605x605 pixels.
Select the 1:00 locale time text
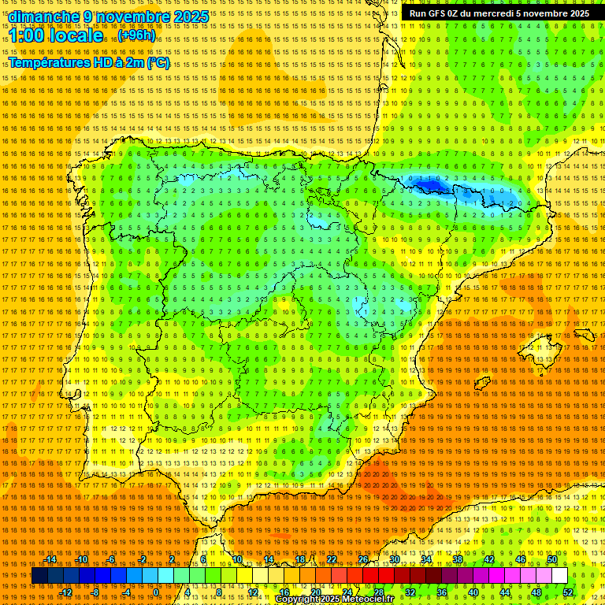click(56, 35)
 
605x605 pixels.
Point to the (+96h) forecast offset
click(137, 35)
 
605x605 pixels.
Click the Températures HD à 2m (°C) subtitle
click(89, 62)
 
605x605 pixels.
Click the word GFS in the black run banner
click(442, 13)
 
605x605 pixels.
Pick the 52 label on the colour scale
click(567, 592)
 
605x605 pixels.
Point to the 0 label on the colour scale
click(157, 592)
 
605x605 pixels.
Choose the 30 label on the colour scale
click(395, 559)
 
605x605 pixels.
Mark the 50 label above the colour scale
click(552, 559)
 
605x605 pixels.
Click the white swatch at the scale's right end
click(559, 576)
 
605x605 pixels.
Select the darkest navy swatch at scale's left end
click(39, 576)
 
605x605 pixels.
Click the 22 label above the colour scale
click(332, 559)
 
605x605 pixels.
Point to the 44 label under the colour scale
click(504, 592)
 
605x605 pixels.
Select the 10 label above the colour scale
click(237, 559)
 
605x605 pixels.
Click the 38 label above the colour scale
click(458, 559)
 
